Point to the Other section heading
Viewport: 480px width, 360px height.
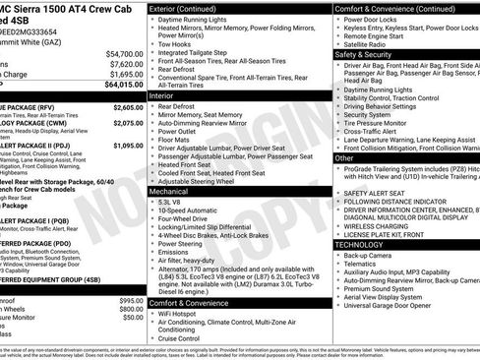[344, 157]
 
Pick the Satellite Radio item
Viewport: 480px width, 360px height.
[369, 43]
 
